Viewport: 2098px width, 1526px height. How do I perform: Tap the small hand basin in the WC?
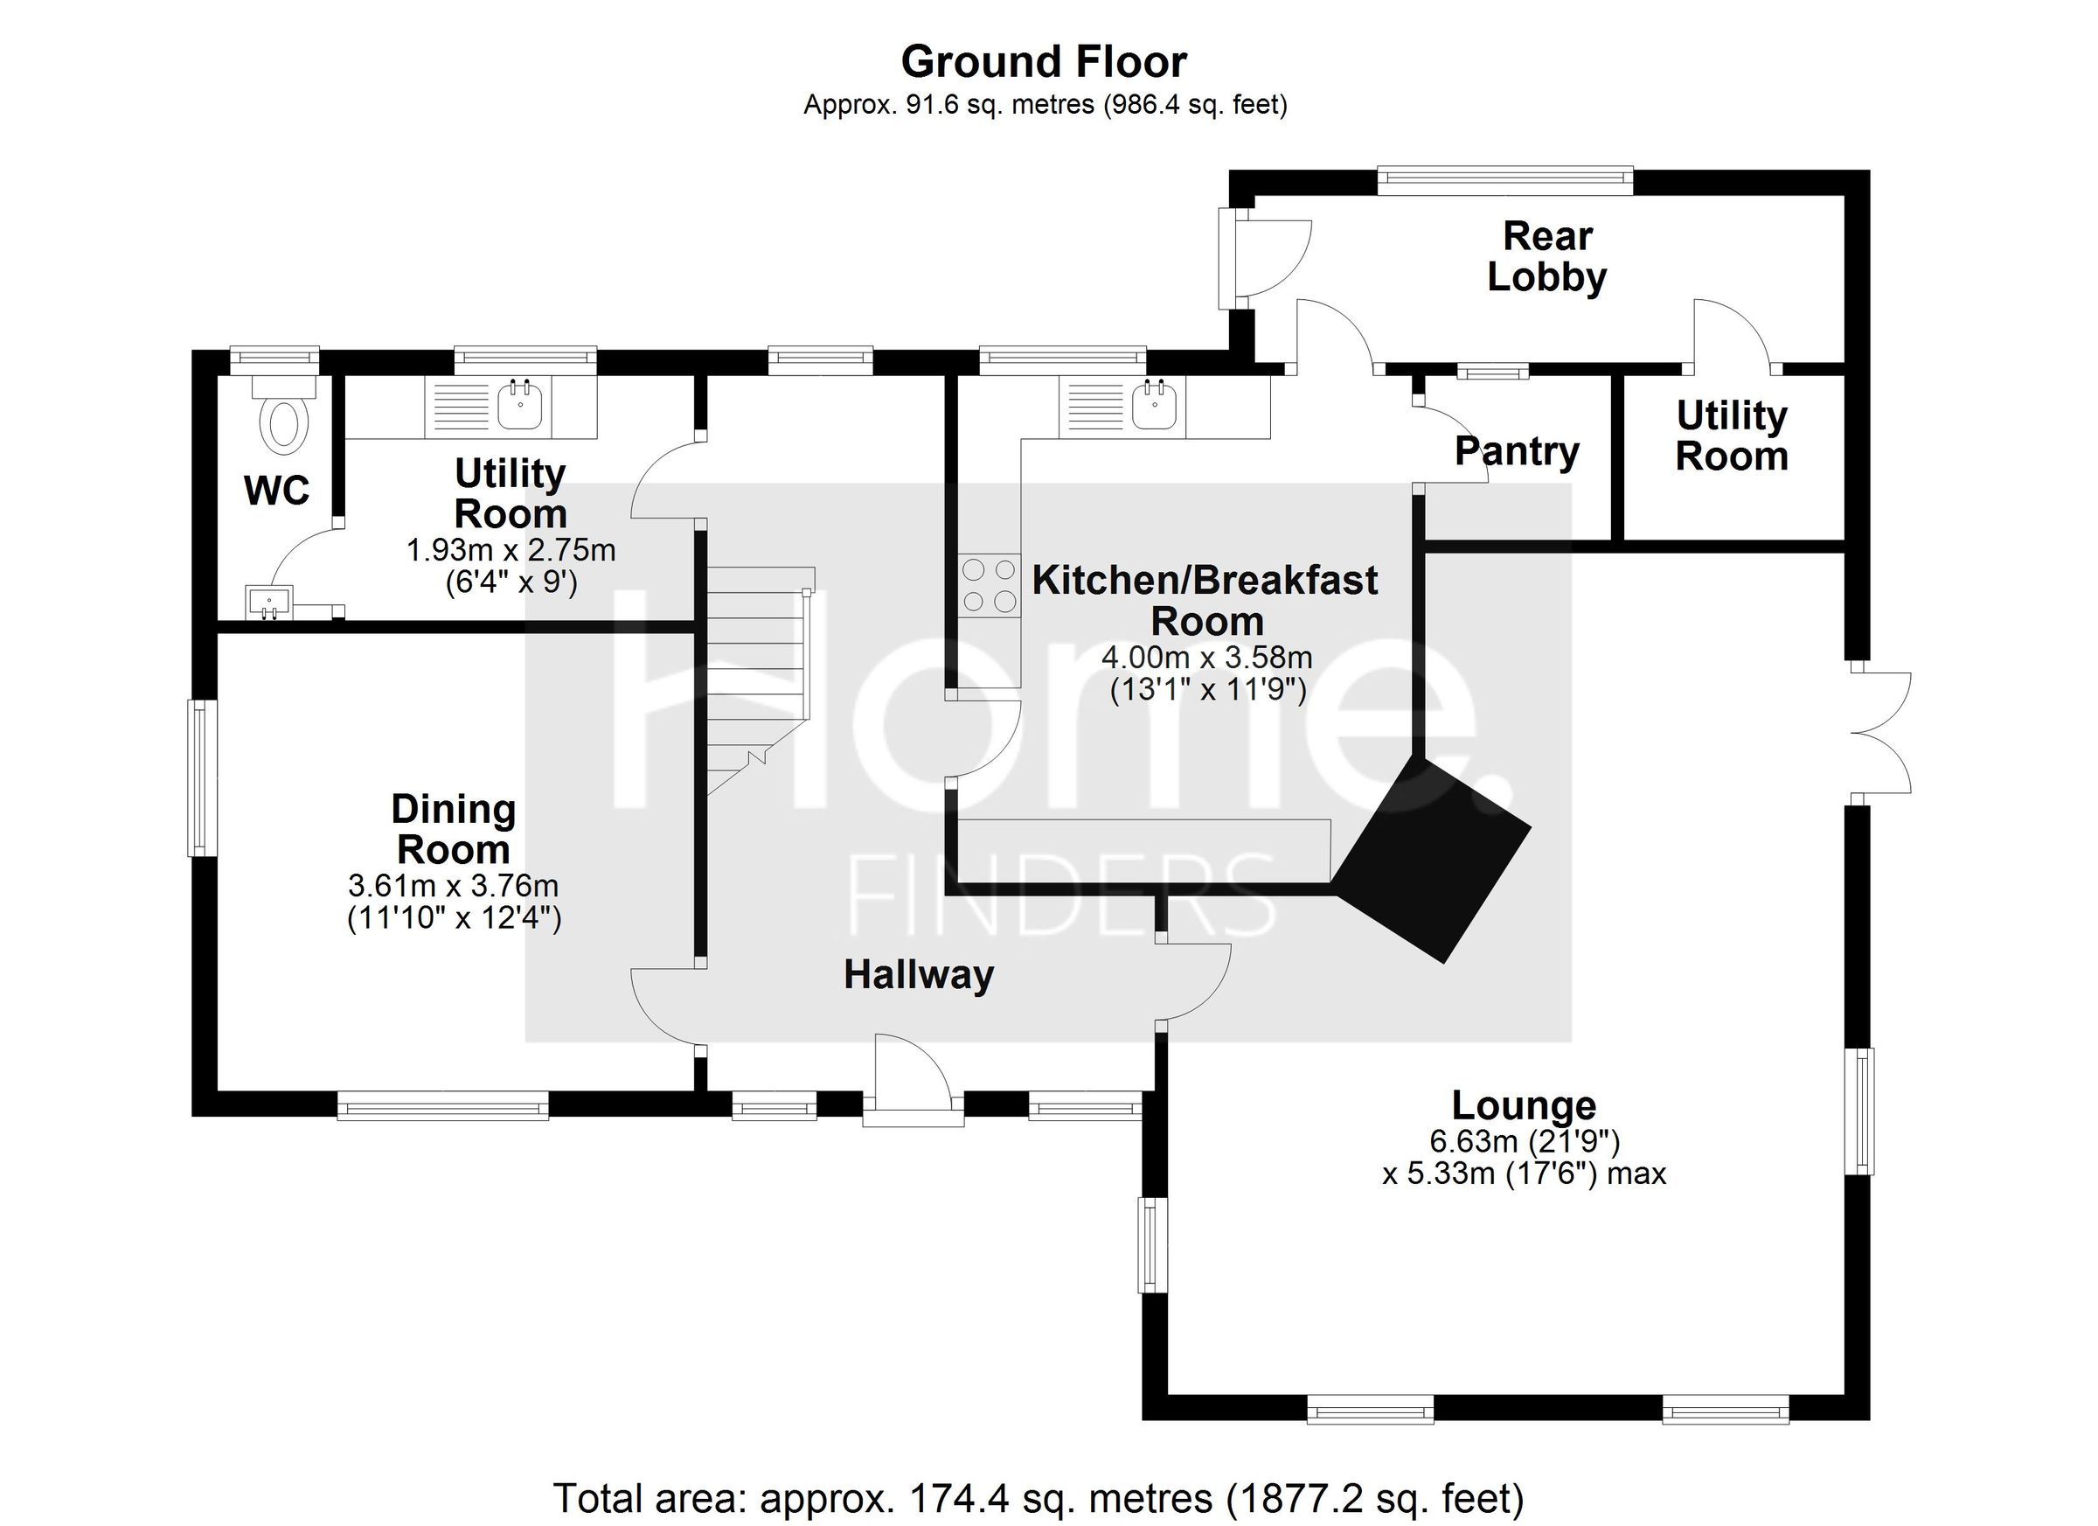click(x=269, y=602)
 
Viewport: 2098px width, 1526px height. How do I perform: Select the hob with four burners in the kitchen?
click(x=989, y=586)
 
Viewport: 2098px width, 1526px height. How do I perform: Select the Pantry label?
click(x=1516, y=451)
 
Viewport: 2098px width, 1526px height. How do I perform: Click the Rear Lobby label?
click(x=1546, y=257)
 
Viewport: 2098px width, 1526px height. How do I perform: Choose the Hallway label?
click(x=919, y=974)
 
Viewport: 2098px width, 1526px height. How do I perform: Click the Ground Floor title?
click(x=1044, y=62)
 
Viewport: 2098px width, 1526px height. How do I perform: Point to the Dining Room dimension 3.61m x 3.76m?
click(x=454, y=886)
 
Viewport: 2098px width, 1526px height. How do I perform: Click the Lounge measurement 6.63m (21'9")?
click(x=1525, y=1142)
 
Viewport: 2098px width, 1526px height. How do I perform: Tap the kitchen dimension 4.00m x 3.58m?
click(x=1206, y=658)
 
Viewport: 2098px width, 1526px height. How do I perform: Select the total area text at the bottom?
click(x=1038, y=1497)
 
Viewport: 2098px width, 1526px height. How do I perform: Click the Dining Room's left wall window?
click(x=198, y=778)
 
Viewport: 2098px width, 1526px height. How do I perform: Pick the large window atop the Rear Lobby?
click(x=1504, y=179)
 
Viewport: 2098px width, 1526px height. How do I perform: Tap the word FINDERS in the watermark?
click(x=1062, y=895)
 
